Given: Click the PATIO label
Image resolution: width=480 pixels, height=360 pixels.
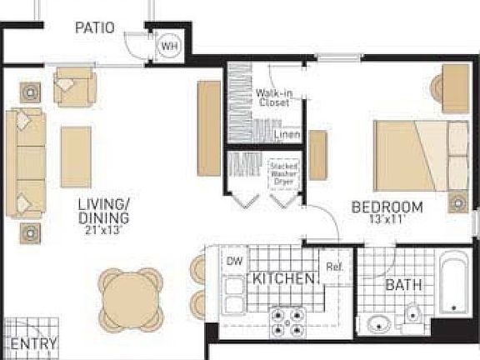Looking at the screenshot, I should point(94,27).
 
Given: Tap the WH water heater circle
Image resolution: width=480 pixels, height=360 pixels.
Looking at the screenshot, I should point(169,47).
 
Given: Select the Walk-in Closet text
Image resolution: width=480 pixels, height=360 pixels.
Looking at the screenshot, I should point(273,98).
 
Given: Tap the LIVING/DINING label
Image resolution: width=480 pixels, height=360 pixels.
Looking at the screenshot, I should point(103,211).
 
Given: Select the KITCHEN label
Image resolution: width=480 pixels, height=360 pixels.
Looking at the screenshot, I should point(283,278).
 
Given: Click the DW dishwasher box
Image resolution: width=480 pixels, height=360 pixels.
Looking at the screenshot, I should point(234,262).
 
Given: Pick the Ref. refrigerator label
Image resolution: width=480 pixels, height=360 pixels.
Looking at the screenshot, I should point(335,267).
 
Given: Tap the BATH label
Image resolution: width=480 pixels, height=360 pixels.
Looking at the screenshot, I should point(403,286).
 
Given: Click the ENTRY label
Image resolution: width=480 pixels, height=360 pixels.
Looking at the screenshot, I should point(33,343).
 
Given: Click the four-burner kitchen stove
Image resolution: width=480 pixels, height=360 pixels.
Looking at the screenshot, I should point(287,321).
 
